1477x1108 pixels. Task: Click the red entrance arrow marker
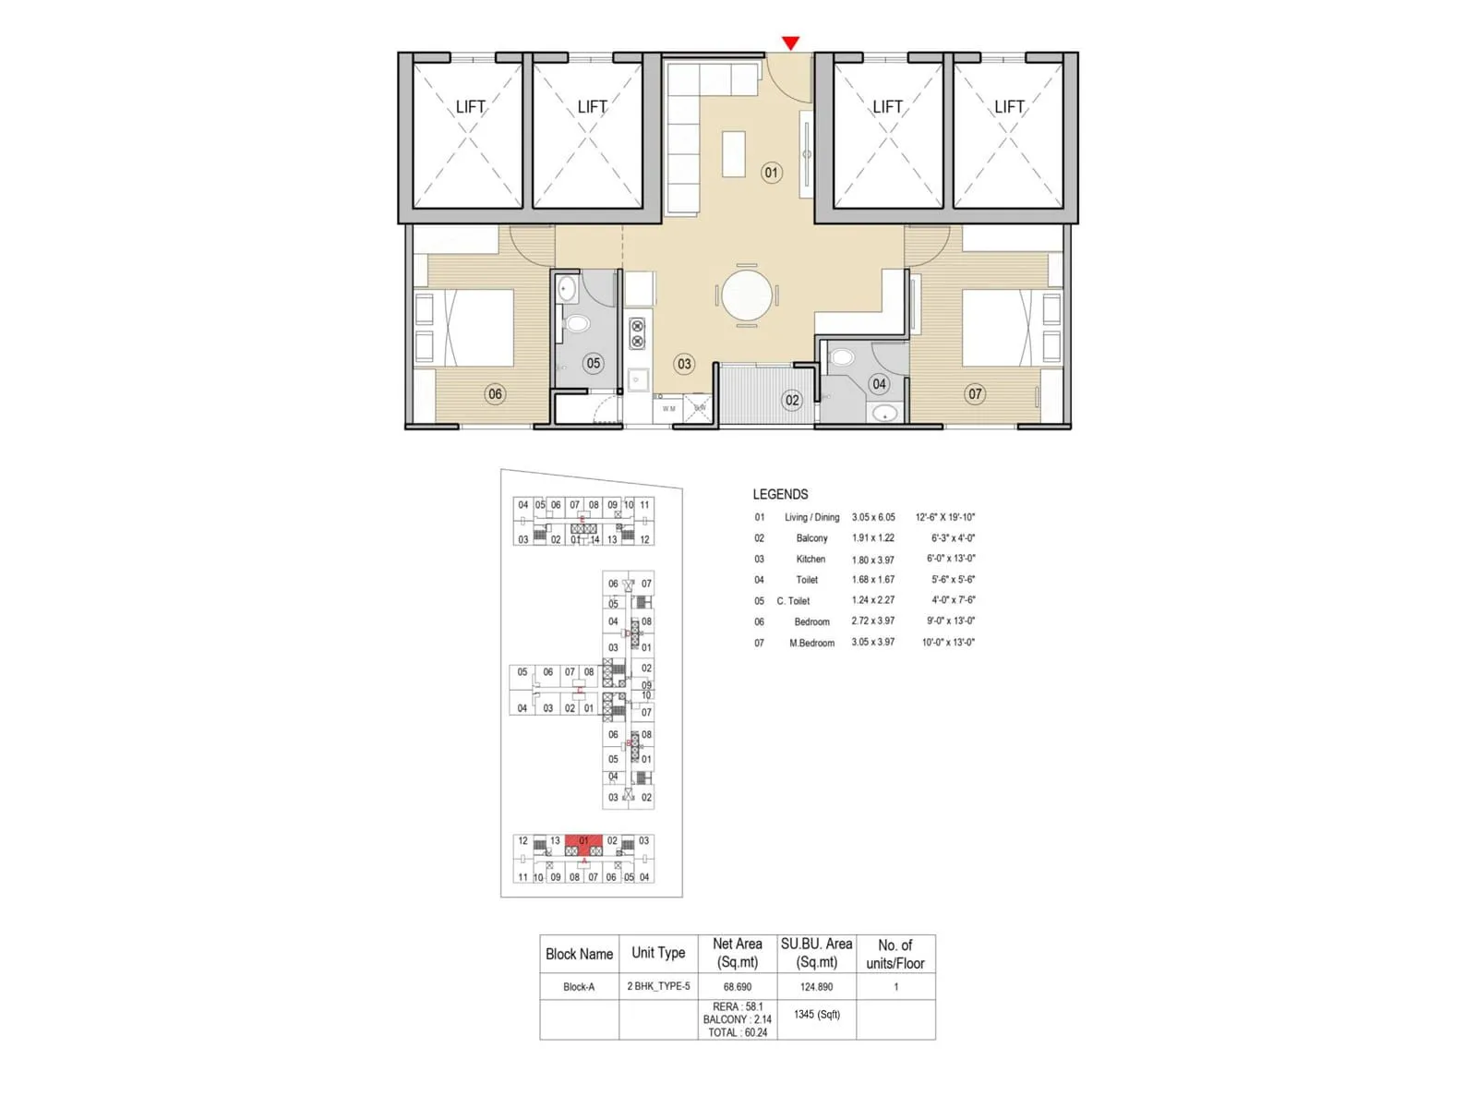point(790,42)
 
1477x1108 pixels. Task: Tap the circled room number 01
point(772,173)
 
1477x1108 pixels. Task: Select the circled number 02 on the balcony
point(792,400)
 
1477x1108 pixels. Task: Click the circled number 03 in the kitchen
point(684,364)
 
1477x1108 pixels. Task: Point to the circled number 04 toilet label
point(879,384)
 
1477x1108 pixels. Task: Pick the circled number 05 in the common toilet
point(594,364)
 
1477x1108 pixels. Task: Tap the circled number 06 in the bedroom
point(496,394)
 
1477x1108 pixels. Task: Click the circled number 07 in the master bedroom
point(975,394)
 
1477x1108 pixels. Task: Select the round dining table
point(746,296)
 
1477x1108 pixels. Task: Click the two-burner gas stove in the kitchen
point(637,333)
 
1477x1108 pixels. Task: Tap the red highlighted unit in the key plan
point(583,845)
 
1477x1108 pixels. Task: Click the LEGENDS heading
point(780,494)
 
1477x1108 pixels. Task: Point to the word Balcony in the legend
point(811,538)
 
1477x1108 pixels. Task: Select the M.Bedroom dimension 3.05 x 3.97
point(872,643)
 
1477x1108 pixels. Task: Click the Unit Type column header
point(658,953)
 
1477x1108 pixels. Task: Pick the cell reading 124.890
point(816,987)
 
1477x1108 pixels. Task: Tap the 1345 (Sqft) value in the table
point(816,1015)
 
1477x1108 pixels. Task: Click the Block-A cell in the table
point(579,987)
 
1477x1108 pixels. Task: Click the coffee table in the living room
point(734,153)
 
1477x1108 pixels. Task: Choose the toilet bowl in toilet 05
point(577,324)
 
